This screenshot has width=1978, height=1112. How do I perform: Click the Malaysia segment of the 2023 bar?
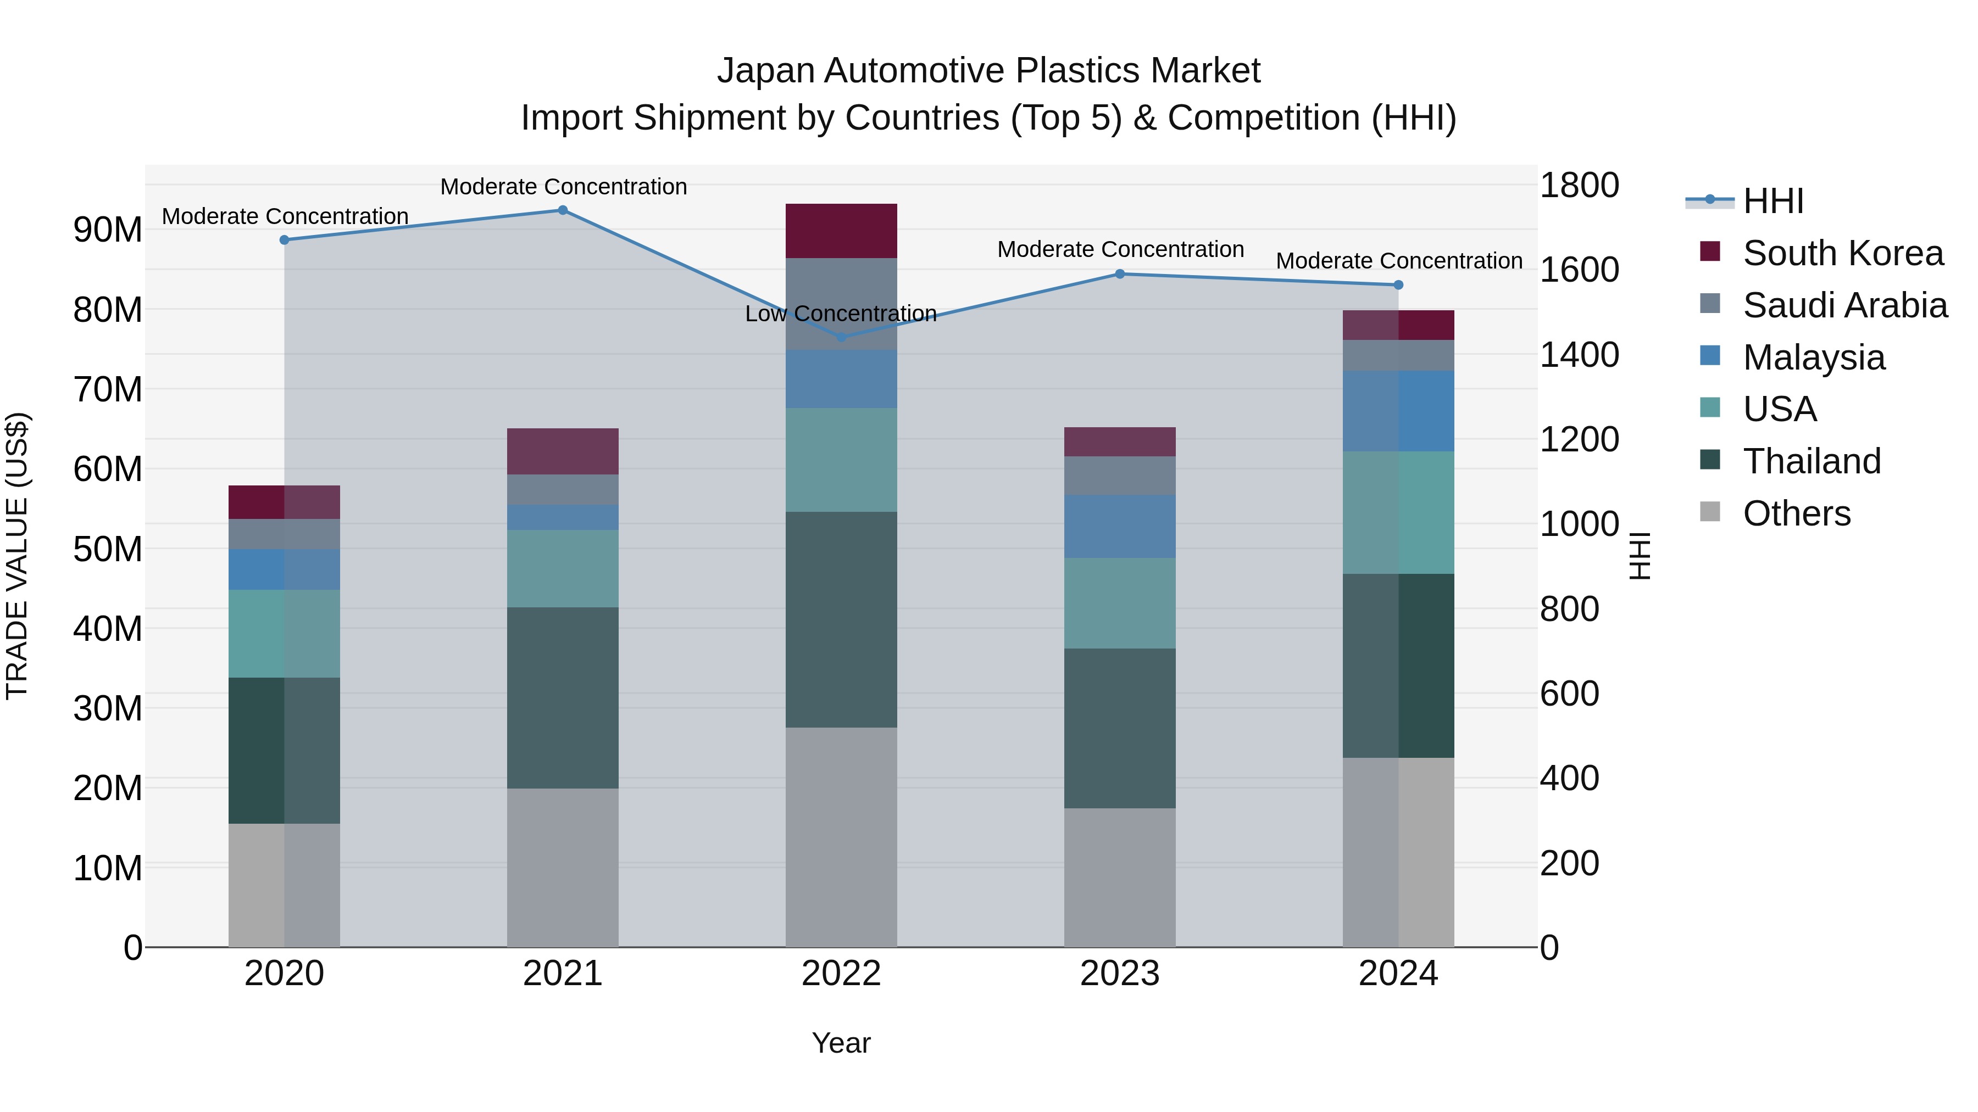point(1120,527)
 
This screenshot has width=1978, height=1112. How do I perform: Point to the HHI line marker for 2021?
point(562,210)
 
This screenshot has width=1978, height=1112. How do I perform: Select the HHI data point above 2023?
point(1120,274)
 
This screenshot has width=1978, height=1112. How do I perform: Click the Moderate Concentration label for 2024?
point(1398,261)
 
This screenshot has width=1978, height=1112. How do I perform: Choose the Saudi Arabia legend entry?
point(1844,305)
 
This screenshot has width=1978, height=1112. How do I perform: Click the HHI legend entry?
point(1773,201)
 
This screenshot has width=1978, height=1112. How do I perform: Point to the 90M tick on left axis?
point(108,230)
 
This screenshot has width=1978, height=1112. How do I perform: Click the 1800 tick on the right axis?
point(1580,186)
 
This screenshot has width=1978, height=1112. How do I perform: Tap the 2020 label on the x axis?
point(284,974)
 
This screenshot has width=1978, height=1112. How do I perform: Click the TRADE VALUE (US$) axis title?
point(17,556)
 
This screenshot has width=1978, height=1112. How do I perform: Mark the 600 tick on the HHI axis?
point(1570,694)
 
